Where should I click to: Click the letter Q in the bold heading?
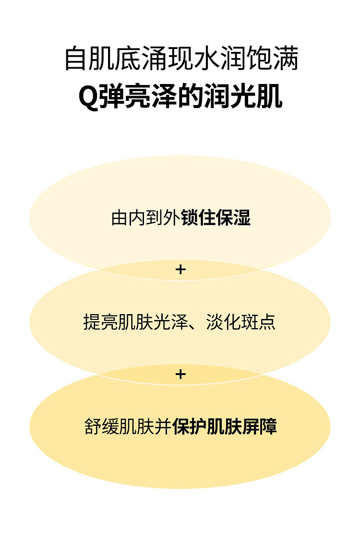pyautogui.click(x=89, y=97)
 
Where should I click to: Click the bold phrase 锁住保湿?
pyautogui.click(x=216, y=218)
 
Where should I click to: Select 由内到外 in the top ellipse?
pyautogui.click(x=146, y=218)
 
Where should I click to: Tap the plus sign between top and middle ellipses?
pyautogui.click(x=180, y=270)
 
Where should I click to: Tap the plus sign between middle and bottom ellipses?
pyautogui.click(x=180, y=374)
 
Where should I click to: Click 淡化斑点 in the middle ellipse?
pyautogui.click(x=240, y=322)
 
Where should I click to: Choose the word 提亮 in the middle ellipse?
pyautogui.click(x=101, y=322)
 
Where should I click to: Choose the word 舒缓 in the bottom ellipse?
pyautogui.click(x=102, y=426)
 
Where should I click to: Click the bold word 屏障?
pyautogui.click(x=259, y=426)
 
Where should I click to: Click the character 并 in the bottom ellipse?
pyautogui.click(x=163, y=426)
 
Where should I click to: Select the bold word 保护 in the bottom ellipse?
pyautogui.click(x=190, y=426)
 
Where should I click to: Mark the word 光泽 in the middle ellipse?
pyautogui.click(x=171, y=322)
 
